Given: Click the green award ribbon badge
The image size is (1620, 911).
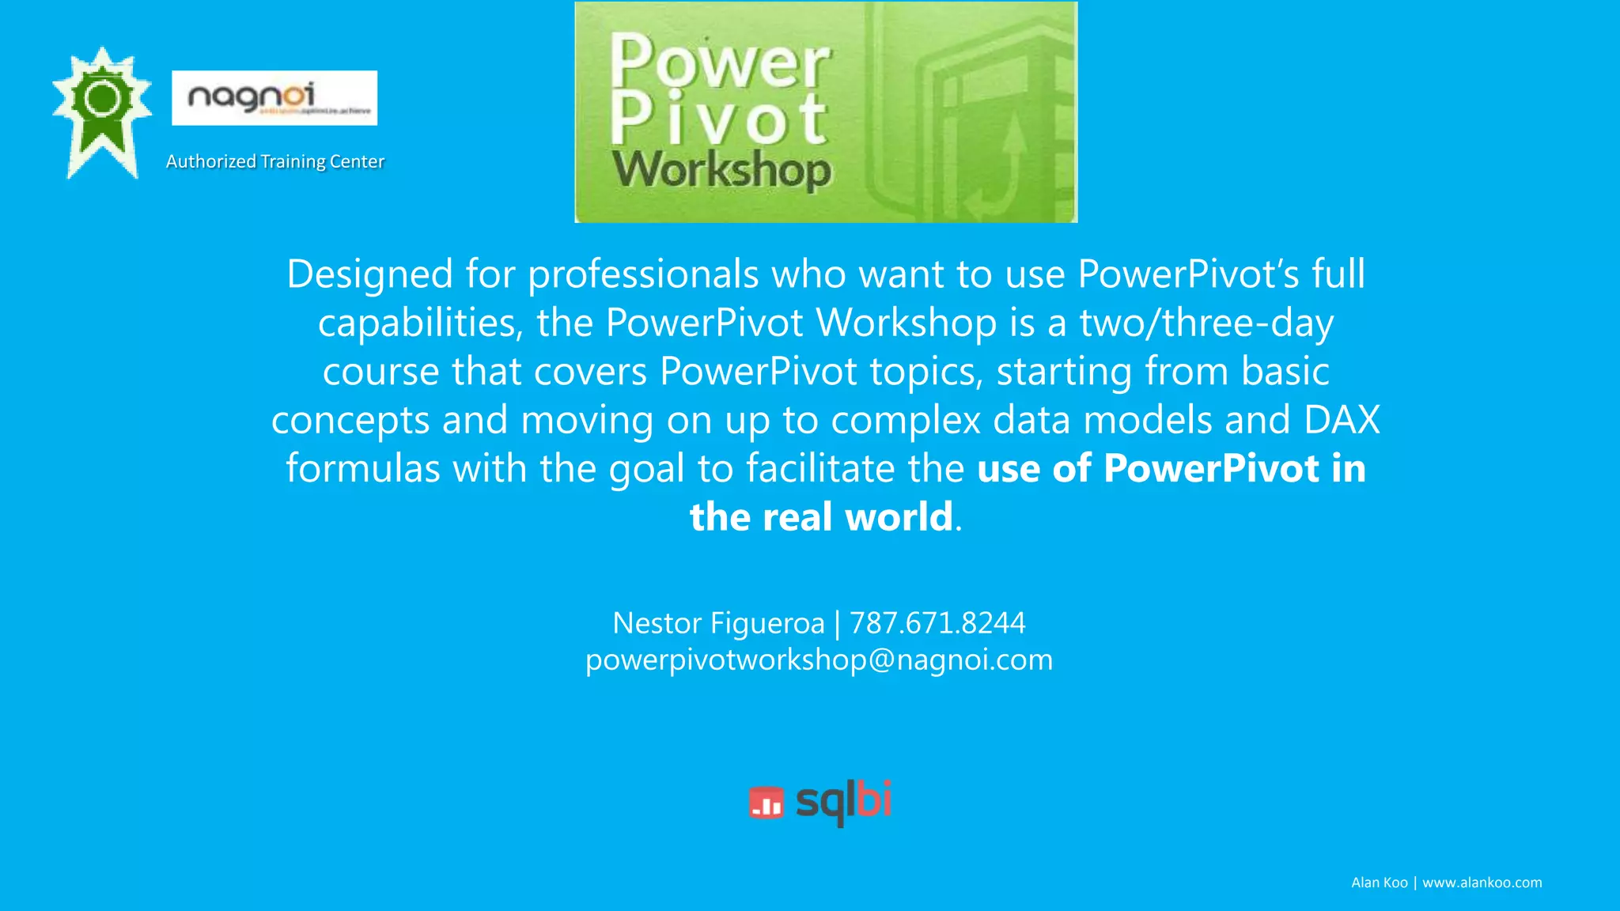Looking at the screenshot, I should [x=101, y=111].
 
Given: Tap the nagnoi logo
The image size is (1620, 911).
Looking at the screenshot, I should [x=274, y=98].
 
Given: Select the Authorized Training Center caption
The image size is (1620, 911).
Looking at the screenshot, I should [x=274, y=161].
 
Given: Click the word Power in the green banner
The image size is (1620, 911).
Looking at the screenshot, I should [x=719, y=62].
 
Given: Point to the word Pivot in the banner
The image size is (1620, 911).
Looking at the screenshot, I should [x=717, y=119].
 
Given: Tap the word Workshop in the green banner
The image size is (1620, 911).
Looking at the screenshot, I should [x=721, y=170].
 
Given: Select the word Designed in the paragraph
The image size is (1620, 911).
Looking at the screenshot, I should [x=369, y=274].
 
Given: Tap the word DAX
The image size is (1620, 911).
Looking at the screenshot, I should [x=1342, y=420].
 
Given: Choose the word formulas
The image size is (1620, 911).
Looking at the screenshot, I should [x=362, y=468].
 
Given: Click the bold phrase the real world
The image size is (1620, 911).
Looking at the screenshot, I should [x=821, y=517].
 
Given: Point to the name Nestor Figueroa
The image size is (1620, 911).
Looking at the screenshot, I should [x=718, y=623].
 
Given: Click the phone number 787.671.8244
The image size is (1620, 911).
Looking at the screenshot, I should [x=937, y=623].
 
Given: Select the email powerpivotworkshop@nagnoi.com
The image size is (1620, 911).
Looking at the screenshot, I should [x=819, y=660].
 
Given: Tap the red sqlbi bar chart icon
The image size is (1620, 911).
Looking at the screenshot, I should [x=766, y=803].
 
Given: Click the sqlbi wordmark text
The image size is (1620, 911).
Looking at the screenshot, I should [x=843, y=801].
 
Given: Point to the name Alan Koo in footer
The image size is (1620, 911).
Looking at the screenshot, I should [x=1379, y=883].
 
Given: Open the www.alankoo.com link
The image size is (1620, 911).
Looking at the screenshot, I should [x=1482, y=883].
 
